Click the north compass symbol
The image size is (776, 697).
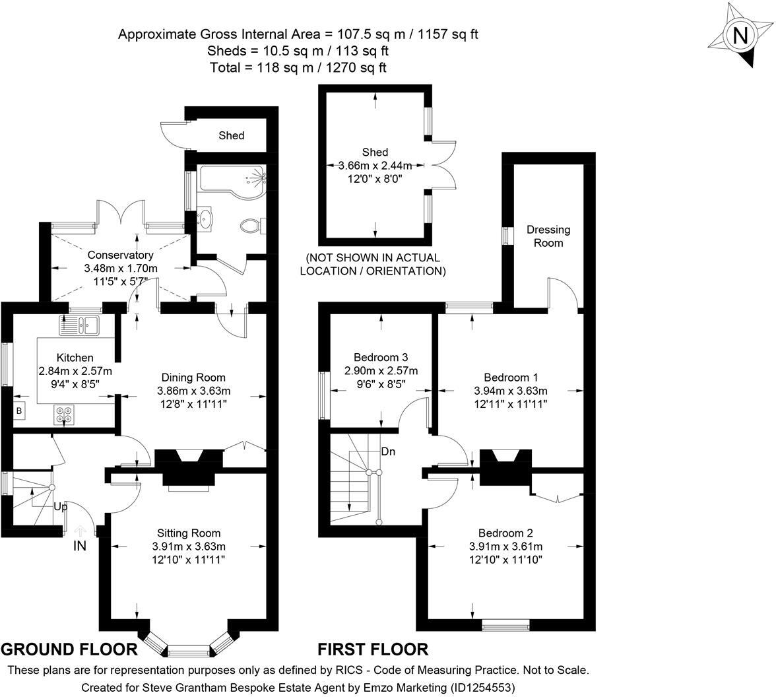coord(740,35)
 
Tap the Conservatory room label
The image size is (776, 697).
coord(120,255)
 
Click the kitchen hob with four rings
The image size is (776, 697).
coord(65,415)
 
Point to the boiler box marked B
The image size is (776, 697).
coord(18,411)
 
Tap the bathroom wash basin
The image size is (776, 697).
coord(207,218)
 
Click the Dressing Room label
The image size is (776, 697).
coord(548,236)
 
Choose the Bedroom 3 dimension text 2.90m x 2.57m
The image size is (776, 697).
coord(381,370)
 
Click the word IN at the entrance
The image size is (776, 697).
coord(81,545)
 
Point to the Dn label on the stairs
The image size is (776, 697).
coord(389,452)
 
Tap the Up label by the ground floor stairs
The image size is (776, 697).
coord(61,507)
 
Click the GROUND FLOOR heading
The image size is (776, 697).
coord(69,649)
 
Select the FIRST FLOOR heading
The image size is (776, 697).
coord(373,649)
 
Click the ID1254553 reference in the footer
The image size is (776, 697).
coord(481,687)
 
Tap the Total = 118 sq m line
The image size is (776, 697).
coord(298,67)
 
